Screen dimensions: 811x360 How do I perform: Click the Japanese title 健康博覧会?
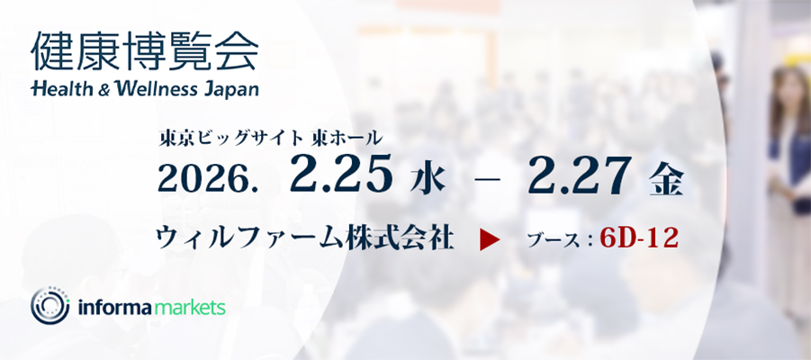(x=144, y=51)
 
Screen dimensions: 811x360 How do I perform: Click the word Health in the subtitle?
(x=63, y=88)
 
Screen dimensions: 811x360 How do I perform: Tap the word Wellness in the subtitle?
(x=156, y=88)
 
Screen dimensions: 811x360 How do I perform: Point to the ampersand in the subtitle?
(x=104, y=89)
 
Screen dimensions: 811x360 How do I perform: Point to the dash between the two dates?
(x=487, y=179)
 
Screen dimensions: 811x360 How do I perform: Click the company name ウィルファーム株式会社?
(x=306, y=239)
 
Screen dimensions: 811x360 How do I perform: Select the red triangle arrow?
(x=490, y=240)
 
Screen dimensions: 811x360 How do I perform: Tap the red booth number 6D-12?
(x=639, y=238)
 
